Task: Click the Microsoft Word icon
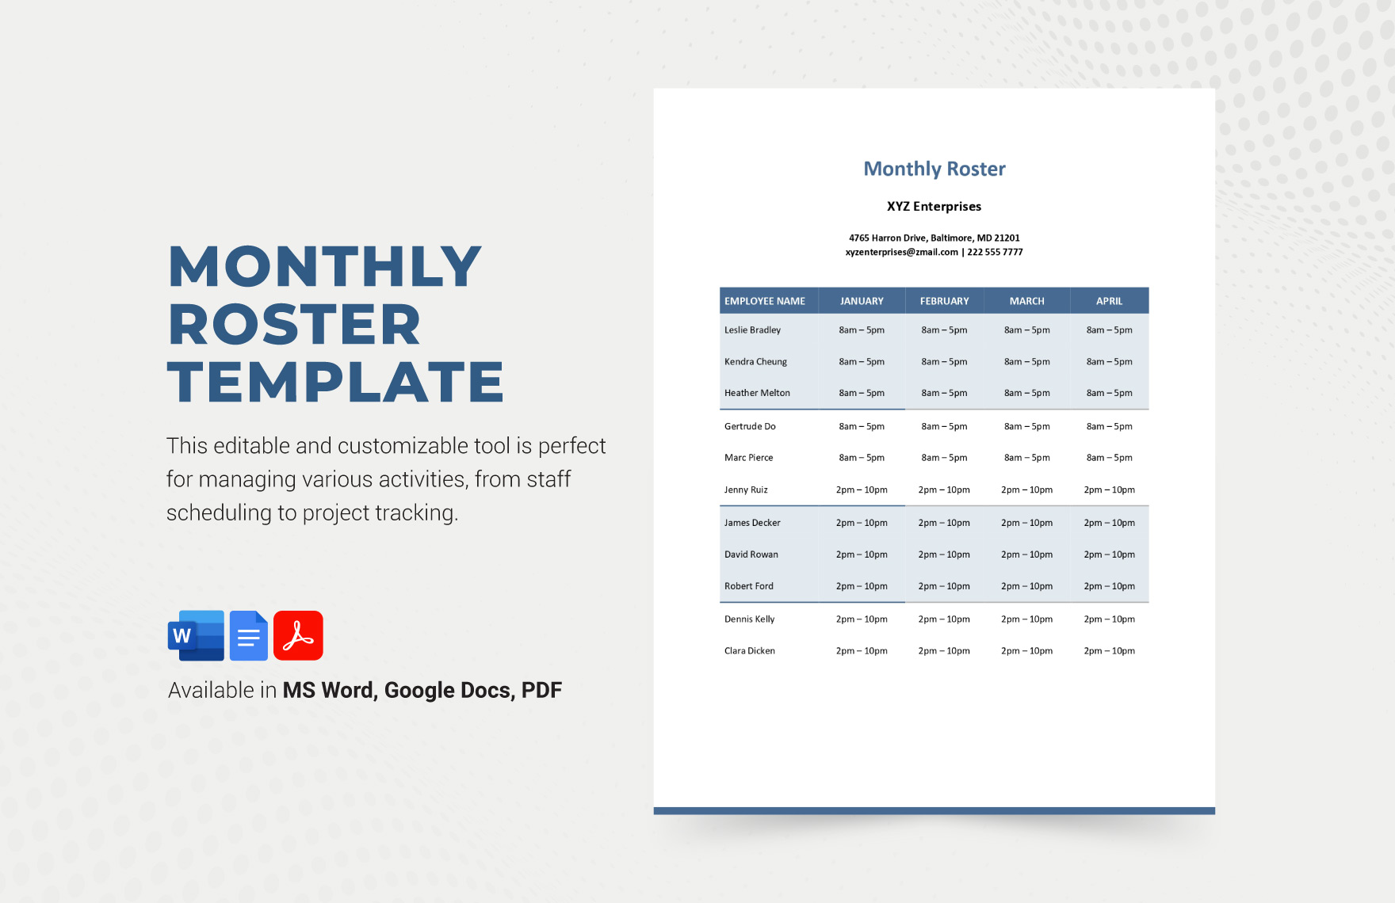(196, 635)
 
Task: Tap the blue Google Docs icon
(249, 635)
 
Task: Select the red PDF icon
(298, 635)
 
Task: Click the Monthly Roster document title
(934, 169)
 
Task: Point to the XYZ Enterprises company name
(934, 207)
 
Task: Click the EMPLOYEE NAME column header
(764, 301)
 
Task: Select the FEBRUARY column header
(944, 301)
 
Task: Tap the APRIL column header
(1109, 301)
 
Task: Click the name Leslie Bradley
(752, 330)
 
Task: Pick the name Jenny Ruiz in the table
(746, 490)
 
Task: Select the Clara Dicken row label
(749, 651)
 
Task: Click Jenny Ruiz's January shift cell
(862, 490)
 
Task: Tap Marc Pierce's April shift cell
(1109, 458)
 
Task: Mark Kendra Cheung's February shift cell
(944, 362)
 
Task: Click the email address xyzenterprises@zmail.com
(901, 253)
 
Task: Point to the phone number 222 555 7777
(995, 253)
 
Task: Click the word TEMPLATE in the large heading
(335, 383)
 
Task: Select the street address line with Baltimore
(934, 238)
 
